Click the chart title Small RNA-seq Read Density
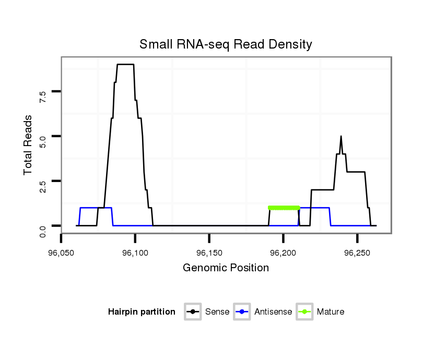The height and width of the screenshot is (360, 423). [x=226, y=44]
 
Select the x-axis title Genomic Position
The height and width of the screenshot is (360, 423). [x=226, y=268]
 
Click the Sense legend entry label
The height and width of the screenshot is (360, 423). [x=217, y=312]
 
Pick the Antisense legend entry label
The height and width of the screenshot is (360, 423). [x=274, y=312]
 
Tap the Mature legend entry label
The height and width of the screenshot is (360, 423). [x=331, y=312]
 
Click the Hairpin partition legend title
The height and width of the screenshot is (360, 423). [x=142, y=312]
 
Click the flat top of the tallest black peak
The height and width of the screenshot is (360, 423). [x=125, y=64]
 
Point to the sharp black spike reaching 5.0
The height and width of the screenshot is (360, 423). [x=341, y=137]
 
